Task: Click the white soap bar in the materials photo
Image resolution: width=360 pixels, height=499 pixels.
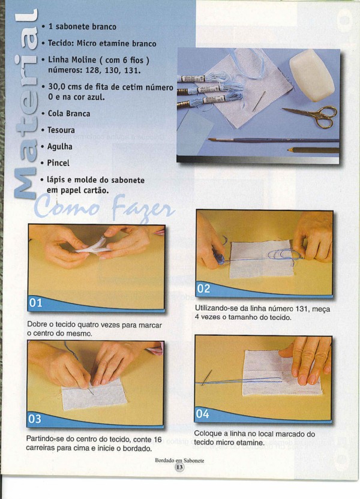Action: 312,75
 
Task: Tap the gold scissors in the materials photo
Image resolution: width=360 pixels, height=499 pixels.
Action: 314,115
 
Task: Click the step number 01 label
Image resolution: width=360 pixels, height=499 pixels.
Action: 35,302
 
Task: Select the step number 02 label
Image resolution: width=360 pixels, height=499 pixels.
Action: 203,288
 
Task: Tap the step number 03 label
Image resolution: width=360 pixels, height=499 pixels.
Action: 35,419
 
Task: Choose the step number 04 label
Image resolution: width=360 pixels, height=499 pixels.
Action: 202,414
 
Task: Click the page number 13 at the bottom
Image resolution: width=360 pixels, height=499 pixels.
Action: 179,467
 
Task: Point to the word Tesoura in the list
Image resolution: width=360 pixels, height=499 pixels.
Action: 61,130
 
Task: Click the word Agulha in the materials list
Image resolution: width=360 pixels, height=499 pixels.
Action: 60,147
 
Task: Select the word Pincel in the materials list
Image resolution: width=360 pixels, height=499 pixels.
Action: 58,163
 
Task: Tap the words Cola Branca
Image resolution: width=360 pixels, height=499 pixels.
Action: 69,113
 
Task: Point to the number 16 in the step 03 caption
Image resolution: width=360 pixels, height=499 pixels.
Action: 158,440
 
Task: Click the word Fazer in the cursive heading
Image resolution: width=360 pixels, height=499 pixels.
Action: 143,209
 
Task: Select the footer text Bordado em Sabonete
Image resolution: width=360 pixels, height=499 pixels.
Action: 179,461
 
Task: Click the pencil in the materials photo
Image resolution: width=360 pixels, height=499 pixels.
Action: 313,150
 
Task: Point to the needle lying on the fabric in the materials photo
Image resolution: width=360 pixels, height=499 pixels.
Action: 259,101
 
